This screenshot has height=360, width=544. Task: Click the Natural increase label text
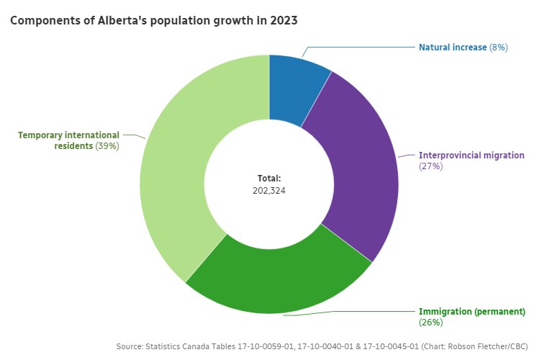(x=453, y=47)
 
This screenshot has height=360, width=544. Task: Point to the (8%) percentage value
(x=499, y=47)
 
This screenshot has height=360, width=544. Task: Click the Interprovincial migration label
(x=471, y=155)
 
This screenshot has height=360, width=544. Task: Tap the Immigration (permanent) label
(x=472, y=312)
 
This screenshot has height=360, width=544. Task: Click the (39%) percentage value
(x=107, y=145)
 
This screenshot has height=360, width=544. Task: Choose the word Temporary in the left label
(x=42, y=135)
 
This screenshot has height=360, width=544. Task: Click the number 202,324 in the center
(x=269, y=191)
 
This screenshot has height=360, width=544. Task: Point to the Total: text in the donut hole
(x=269, y=178)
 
